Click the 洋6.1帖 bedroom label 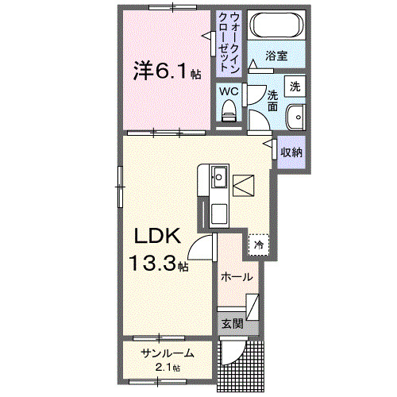click(x=165, y=72)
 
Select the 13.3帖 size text click(x=160, y=264)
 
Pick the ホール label click(x=237, y=277)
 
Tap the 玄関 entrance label click(x=232, y=323)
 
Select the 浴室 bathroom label click(x=276, y=56)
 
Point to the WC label click(x=229, y=91)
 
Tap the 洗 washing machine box click(x=295, y=86)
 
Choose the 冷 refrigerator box click(x=259, y=245)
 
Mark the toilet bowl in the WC click(x=229, y=114)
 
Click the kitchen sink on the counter click(x=219, y=177)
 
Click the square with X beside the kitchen click(x=243, y=184)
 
